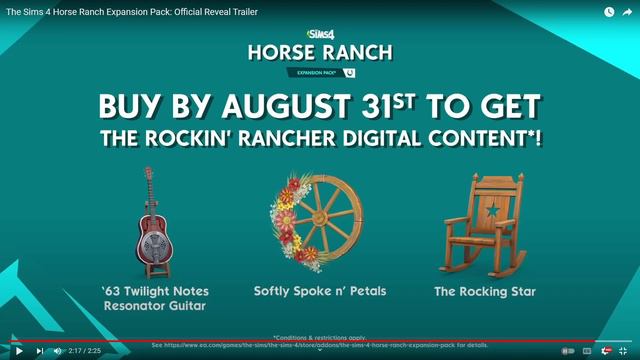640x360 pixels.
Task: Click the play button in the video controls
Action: tap(18, 350)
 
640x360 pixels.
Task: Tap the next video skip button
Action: tap(40, 350)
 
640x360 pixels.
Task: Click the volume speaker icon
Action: tap(57, 350)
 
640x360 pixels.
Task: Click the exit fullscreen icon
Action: tap(624, 350)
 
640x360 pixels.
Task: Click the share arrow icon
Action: tap(628, 12)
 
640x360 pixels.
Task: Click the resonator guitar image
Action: tap(150, 224)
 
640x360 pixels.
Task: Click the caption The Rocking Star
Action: tap(484, 292)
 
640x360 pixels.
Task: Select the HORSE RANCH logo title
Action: tap(321, 53)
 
